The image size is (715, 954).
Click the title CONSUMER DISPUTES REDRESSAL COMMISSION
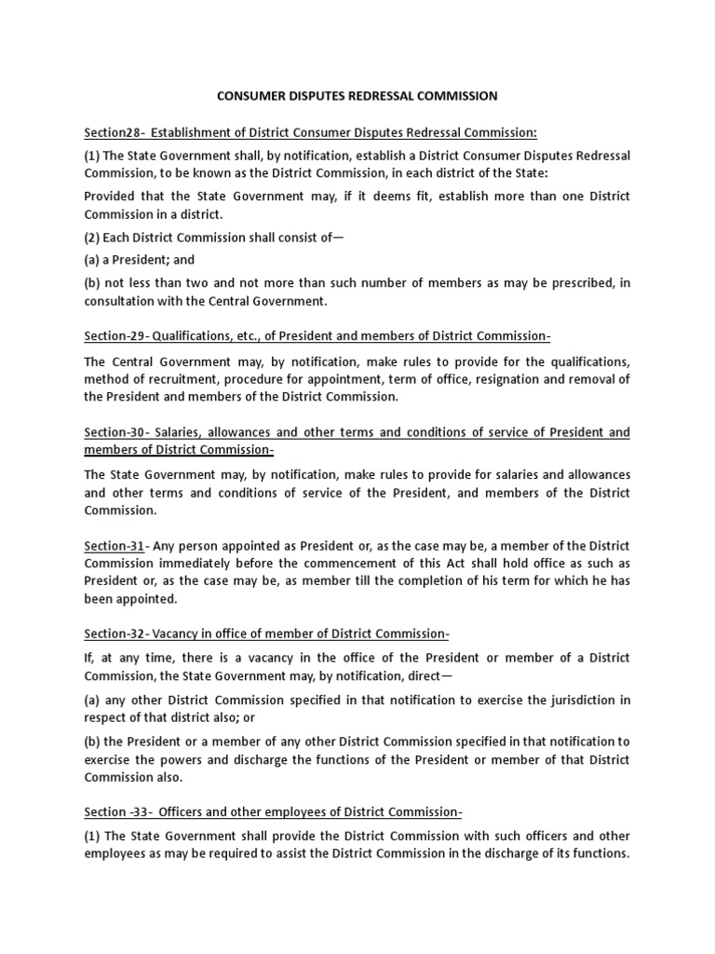[x=357, y=96]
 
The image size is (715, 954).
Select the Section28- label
[x=115, y=132]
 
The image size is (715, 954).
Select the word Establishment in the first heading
[x=197, y=132]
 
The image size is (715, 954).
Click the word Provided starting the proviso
[x=110, y=197]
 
